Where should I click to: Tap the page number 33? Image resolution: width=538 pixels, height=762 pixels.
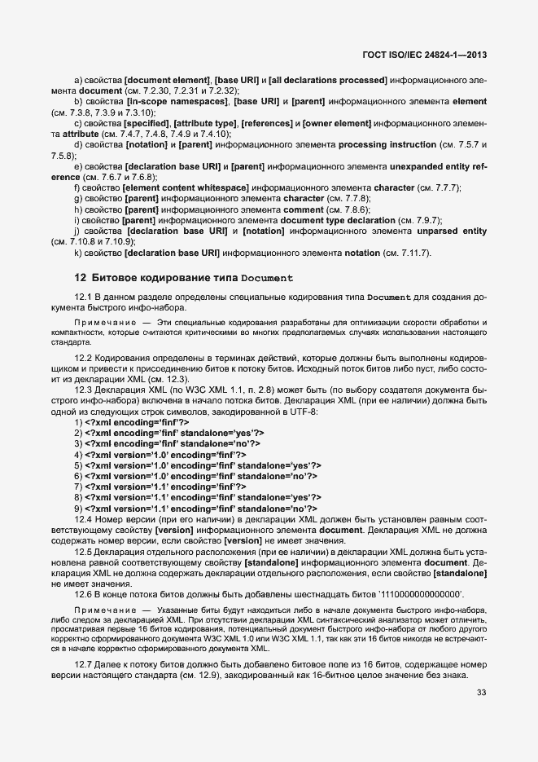pyautogui.click(x=480, y=694)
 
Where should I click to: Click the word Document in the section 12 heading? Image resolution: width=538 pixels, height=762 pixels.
pyautogui.click(x=266, y=278)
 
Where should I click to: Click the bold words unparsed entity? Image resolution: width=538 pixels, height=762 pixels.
pyautogui.click(x=446, y=231)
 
